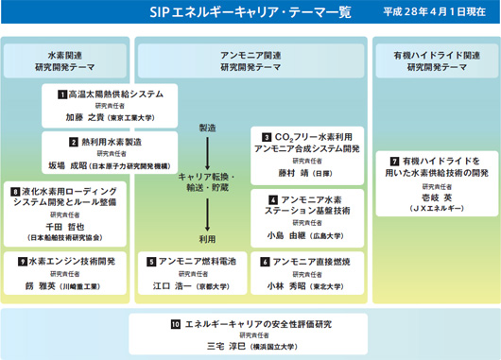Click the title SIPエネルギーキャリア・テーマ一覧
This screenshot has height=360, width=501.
pyautogui.click(x=249, y=13)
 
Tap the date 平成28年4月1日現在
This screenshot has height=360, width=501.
pyautogui.click(x=440, y=13)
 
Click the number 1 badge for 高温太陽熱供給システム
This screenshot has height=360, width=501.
pyautogui.click(x=60, y=94)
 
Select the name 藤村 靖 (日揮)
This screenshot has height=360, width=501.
pyautogui.click(x=294, y=174)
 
